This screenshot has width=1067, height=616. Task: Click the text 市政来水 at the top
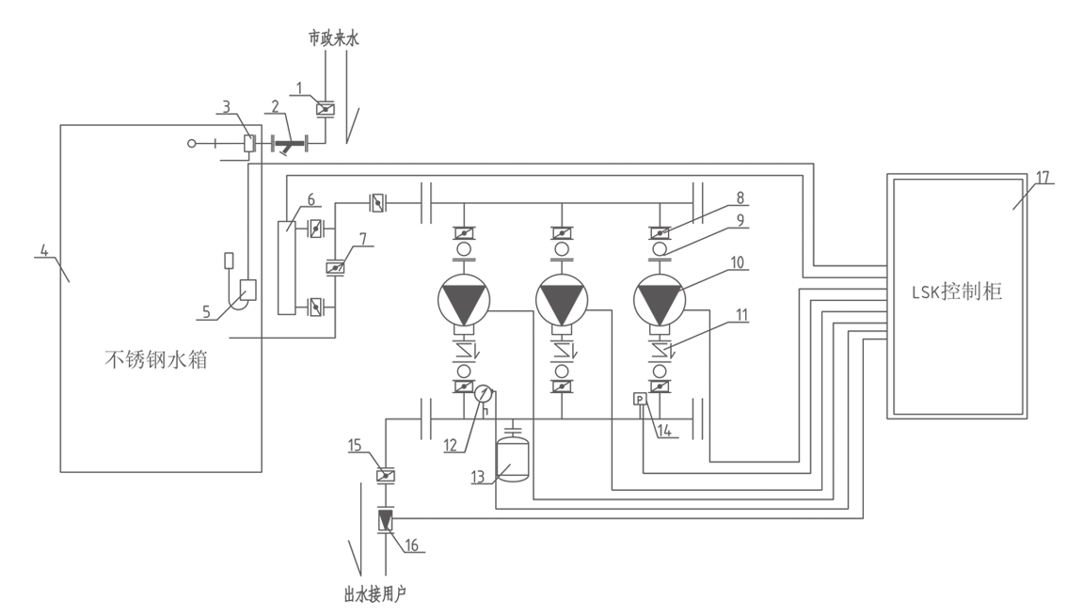click(x=333, y=39)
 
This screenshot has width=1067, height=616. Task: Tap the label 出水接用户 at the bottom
click(x=374, y=595)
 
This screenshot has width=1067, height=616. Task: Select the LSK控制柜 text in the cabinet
click(x=956, y=292)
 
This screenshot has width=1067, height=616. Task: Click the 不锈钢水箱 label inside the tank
click(x=156, y=359)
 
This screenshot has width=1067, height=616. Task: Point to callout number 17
click(x=1043, y=178)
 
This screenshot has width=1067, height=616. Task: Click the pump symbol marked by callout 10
click(x=660, y=299)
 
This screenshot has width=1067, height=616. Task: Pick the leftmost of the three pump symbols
click(x=464, y=299)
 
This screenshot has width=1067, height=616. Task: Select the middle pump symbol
click(x=562, y=299)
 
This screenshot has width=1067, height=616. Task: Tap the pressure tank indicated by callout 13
click(x=514, y=458)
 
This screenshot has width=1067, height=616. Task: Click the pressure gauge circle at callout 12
click(x=484, y=394)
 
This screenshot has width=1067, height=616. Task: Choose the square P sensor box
click(x=641, y=400)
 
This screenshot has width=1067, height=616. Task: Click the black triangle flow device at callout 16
click(x=386, y=520)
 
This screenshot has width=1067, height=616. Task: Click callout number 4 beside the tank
click(x=44, y=250)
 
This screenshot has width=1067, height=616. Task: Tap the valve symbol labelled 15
click(x=386, y=475)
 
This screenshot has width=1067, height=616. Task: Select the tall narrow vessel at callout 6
click(x=286, y=268)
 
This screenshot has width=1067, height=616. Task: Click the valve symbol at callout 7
click(x=335, y=268)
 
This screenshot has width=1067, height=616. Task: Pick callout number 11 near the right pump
click(x=741, y=315)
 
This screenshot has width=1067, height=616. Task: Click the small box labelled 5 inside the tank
click(x=247, y=291)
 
